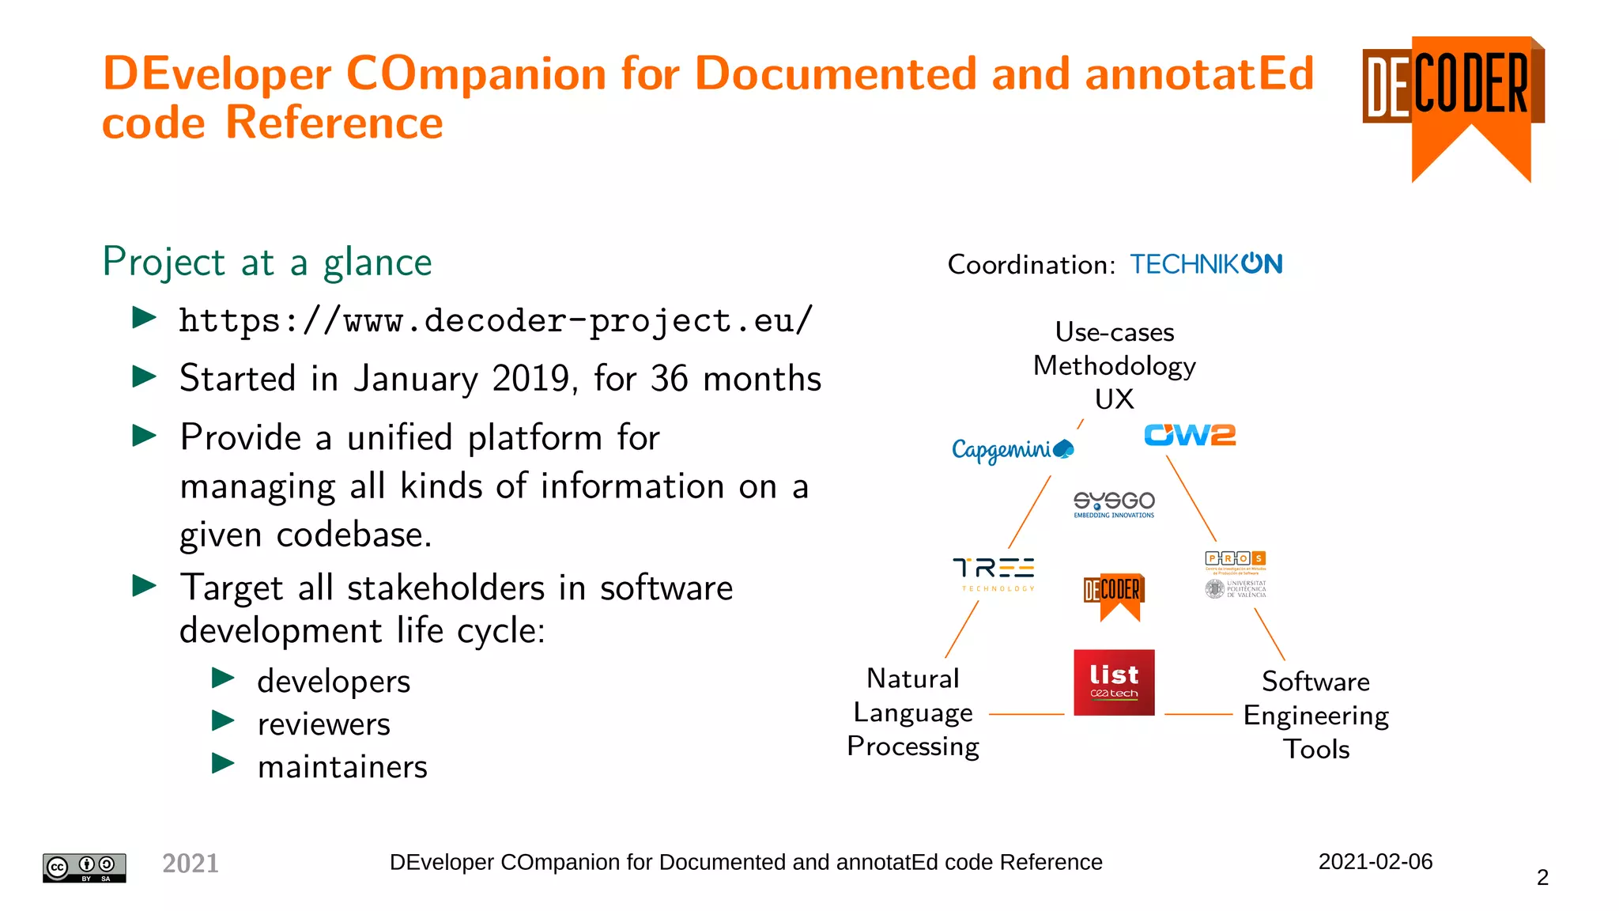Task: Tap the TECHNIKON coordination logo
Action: [1206, 264]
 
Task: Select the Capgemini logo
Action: [1012, 450]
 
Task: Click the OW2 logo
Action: [1190, 435]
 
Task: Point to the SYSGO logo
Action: [1114, 504]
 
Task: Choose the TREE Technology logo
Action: [994, 573]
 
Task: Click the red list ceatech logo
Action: [1114, 682]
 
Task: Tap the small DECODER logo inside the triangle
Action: [1114, 595]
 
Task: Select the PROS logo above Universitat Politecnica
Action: [1236, 560]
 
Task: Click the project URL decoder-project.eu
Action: [496, 321]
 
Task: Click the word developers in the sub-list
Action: [334, 681]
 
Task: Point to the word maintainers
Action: [342, 766]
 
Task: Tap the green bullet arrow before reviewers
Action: [224, 720]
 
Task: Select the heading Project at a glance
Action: [267, 262]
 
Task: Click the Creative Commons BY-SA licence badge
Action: [85, 868]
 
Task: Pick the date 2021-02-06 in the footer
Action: [1375, 861]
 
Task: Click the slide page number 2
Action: [1542, 877]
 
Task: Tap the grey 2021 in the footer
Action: [191, 863]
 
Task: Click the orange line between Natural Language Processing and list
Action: [1026, 714]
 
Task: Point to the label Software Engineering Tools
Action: [1315, 715]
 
